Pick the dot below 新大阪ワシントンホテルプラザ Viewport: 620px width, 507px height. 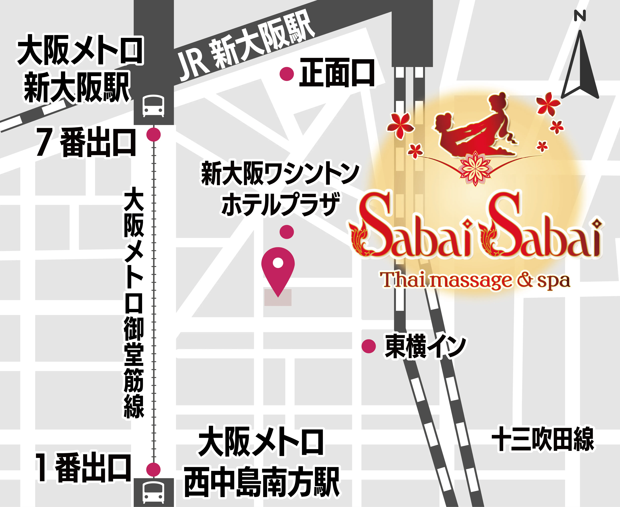tap(287, 232)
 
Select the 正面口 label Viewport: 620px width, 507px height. tap(337, 73)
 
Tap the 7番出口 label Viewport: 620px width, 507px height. tap(86, 143)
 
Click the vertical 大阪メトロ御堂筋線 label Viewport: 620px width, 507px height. tap(134, 304)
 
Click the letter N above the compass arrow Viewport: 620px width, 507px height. tap(580, 16)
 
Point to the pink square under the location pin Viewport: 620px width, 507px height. tap(278, 298)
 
